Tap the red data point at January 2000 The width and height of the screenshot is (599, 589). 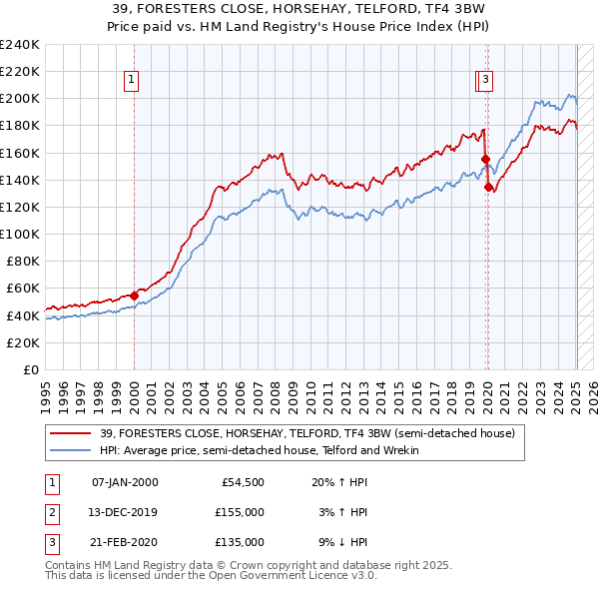pyautogui.click(x=134, y=295)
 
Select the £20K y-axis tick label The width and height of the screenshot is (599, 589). pyautogui.click(x=23, y=342)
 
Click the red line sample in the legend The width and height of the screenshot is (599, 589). pyautogui.click(x=71, y=433)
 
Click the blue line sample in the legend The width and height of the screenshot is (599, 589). pyautogui.click(x=71, y=450)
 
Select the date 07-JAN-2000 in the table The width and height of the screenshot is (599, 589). pyautogui.click(x=125, y=482)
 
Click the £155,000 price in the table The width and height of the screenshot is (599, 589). pyautogui.click(x=241, y=512)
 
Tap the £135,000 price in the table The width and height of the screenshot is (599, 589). pyautogui.click(x=241, y=542)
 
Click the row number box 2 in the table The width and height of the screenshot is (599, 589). pyautogui.click(x=51, y=512)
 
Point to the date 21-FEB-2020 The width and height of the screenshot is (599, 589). pyautogui.click(x=125, y=542)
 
